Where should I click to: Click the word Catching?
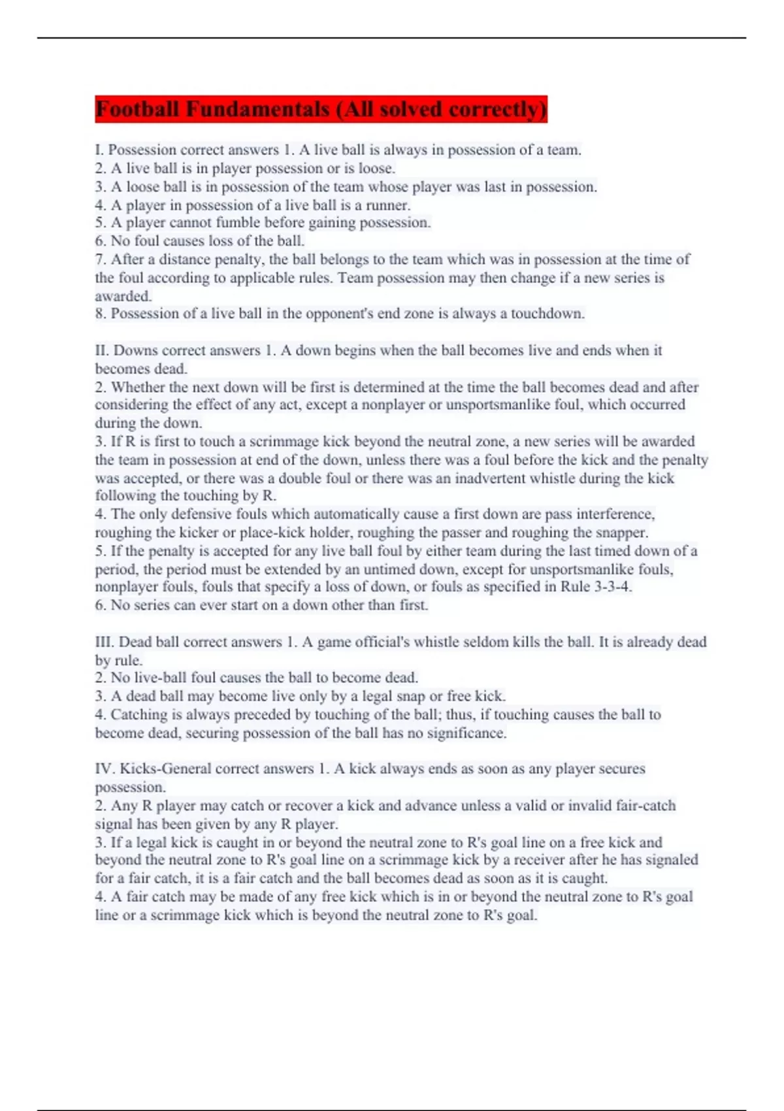click(139, 714)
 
